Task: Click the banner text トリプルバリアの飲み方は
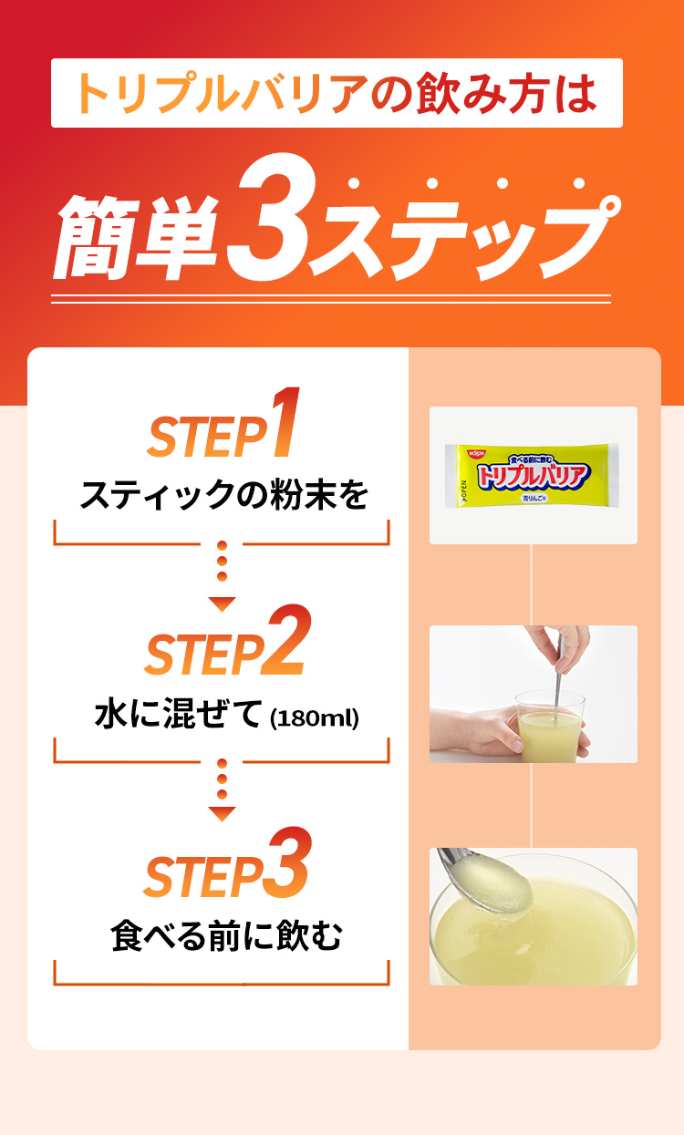click(x=337, y=93)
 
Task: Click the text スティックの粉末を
click(x=223, y=497)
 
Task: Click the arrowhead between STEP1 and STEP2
click(x=222, y=604)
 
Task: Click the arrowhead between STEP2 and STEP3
click(x=222, y=812)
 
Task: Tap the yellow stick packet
click(x=533, y=475)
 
